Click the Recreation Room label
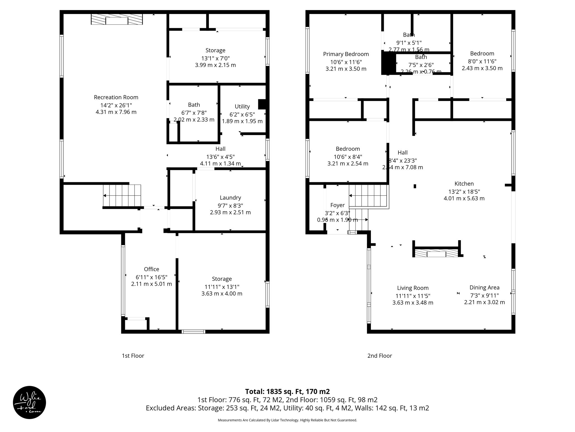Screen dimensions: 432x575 (116, 97)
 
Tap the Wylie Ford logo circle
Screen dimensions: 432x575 (29, 402)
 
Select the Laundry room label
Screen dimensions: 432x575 (230, 198)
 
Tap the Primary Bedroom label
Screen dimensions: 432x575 (346, 54)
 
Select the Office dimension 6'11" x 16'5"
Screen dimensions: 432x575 (152, 277)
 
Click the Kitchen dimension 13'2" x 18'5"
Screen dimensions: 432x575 (464, 192)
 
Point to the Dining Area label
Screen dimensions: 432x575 (484, 287)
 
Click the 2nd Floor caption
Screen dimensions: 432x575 (380, 355)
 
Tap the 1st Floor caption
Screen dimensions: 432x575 (133, 355)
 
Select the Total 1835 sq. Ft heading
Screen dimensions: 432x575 (287, 391)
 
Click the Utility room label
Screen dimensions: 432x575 (242, 106)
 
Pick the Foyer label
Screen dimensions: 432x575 (337, 205)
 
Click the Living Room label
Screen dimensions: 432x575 (413, 288)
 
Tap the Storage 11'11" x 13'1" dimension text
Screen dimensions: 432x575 (222, 287)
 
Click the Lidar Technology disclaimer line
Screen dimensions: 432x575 (287, 420)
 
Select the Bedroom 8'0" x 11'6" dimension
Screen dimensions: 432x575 (482, 61)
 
